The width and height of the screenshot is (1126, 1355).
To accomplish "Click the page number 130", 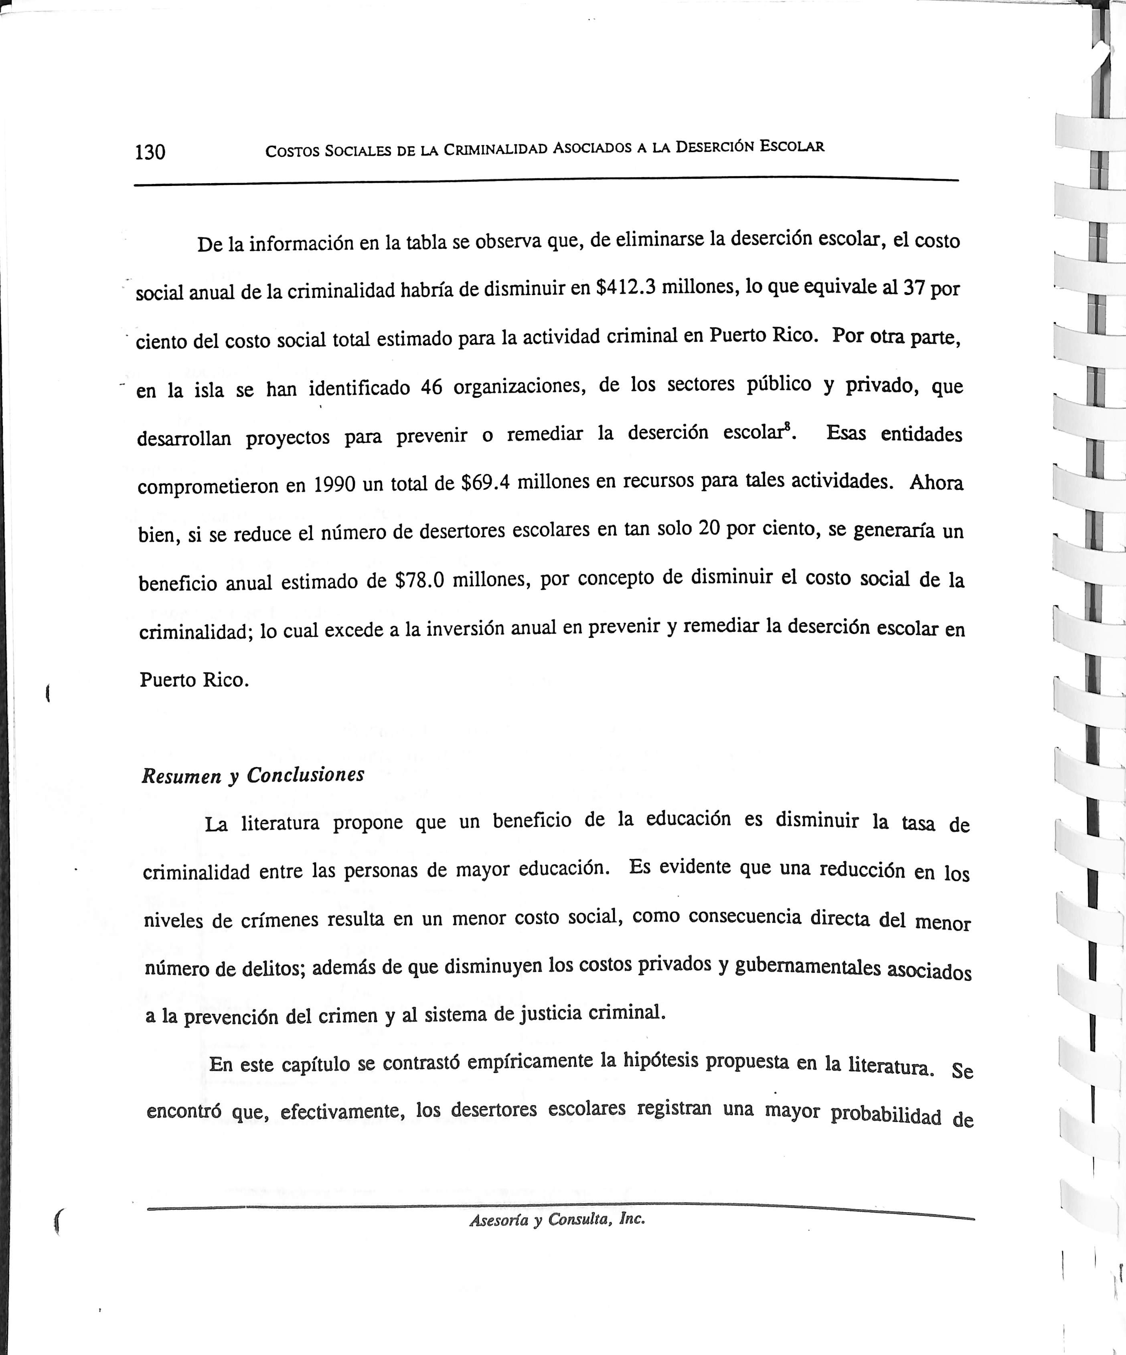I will pos(150,152).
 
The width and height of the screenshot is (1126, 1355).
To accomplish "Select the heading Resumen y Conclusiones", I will pos(253,775).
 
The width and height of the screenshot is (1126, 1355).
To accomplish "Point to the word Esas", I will pos(846,434).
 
